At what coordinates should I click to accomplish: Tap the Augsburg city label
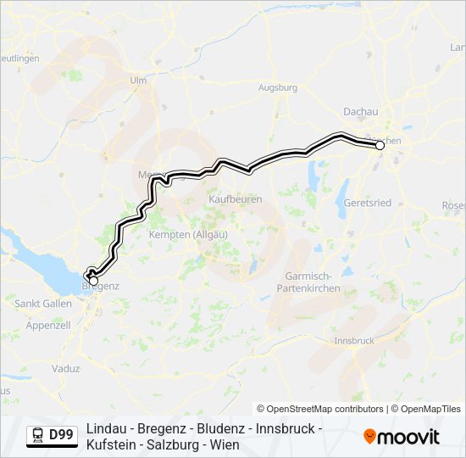[277, 87]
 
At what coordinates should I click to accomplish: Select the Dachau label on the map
[360, 111]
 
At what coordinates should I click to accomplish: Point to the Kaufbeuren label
[235, 199]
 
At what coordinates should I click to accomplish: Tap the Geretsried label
[366, 204]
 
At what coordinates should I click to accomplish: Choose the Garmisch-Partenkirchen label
[308, 282]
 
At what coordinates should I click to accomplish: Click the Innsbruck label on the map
[354, 341]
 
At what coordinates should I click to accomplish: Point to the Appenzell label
[48, 325]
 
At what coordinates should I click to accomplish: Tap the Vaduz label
[65, 369]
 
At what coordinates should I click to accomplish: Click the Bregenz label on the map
[100, 287]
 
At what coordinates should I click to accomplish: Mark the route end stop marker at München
[380, 146]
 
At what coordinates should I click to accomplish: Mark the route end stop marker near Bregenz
[93, 281]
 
